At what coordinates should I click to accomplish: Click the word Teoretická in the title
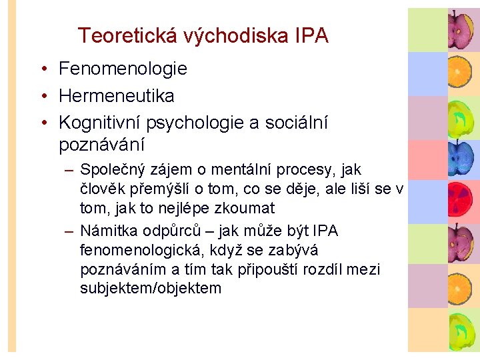pyautogui.click(x=123, y=35)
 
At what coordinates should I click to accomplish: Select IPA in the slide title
pyautogui.click(x=311, y=35)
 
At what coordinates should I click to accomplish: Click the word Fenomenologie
pyautogui.click(x=123, y=69)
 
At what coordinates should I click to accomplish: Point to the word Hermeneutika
pyautogui.click(x=117, y=96)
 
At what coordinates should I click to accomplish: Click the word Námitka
pyautogui.click(x=107, y=231)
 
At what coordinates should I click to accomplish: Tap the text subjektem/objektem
pyautogui.click(x=150, y=289)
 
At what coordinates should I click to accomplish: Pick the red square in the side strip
pyautogui.click(x=427, y=161)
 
